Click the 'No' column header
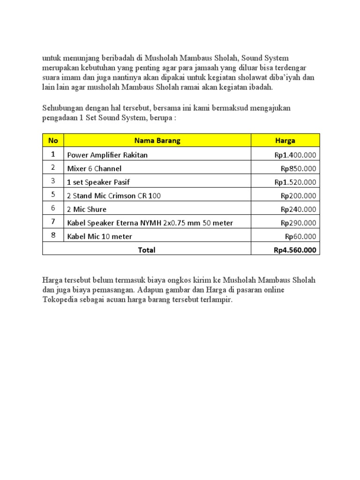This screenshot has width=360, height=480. (x=53, y=140)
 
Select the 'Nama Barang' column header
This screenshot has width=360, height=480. (x=157, y=140)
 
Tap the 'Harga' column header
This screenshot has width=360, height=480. (x=285, y=140)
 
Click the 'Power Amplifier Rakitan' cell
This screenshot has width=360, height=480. (x=107, y=155)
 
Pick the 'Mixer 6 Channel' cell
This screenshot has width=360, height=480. (x=94, y=168)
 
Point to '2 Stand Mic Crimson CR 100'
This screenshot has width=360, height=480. (x=114, y=195)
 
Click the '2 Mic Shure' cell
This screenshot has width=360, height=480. (x=87, y=209)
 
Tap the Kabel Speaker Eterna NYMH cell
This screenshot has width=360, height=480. (x=150, y=223)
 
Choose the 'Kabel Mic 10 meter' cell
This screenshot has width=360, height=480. (x=99, y=236)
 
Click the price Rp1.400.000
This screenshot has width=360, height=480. (x=295, y=155)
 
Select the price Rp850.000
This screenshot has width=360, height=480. (x=298, y=168)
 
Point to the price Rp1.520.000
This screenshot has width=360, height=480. (x=295, y=182)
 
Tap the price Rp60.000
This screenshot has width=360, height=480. (x=300, y=236)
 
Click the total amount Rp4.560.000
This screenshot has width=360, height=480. (x=295, y=250)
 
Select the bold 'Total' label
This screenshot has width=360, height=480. (x=147, y=250)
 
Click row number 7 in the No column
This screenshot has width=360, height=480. (x=53, y=222)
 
